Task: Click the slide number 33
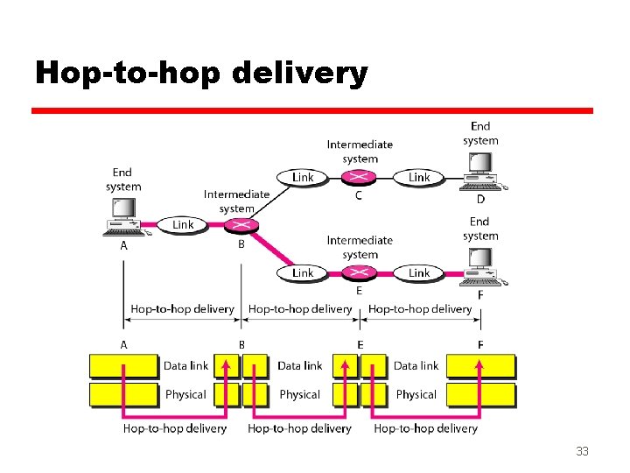pyautogui.click(x=582, y=452)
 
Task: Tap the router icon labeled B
pyautogui.click(x=241, y=225)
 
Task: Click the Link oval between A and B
pyautogui.click(x=183, y=225)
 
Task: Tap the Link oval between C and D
pyautogui.click(x=419, y=178)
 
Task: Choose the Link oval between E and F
pyautogui.click(x=419, y=272)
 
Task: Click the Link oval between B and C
pyautogui.click(x=303, y=178)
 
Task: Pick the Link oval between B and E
pyautogui.click(x=303, y=272)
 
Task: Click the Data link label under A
pyautogui.click(x=185, y=366)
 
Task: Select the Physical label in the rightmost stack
pyautogui.click(x=416, y=395)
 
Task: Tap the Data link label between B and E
pyautogui.click(x=300, y=366)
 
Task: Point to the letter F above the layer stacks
pyautogui.click(x=479, y=345)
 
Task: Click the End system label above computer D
pyautogui.click(x=480, y=133)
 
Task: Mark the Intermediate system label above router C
pyautogui.click(x=360, y=152)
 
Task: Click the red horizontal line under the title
pyautogui.click(x=312, y=111)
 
